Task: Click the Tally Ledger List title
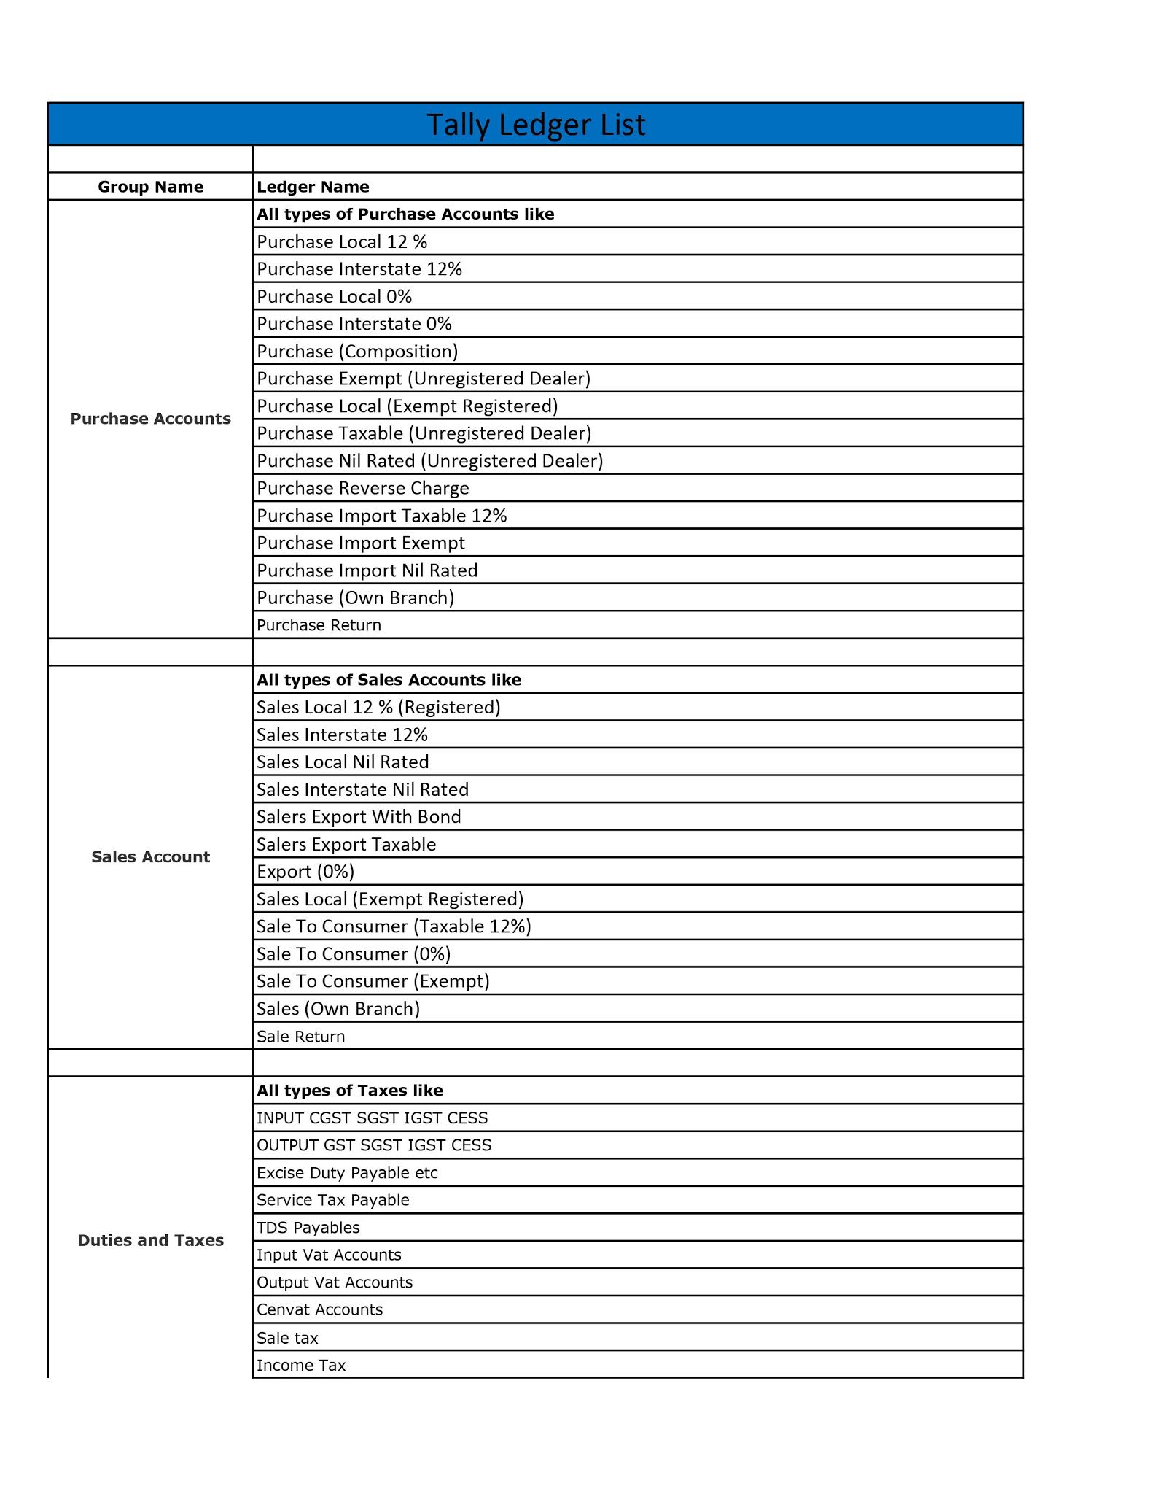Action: click(x=535, y=125)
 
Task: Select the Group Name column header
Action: click(x=150, y=187)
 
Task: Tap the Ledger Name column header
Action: click(x=313, y=187)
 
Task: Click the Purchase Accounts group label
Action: click(x=150, y=419)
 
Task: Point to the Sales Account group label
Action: click(x=150, y=856)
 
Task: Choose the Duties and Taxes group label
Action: click(x=150, y=1240)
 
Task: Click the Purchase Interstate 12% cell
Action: click(x=359, y=269)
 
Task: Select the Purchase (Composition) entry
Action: click(x=357, y=352)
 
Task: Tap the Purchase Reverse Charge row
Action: click(x=363, y=488)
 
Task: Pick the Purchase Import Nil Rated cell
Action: click(x=367, y=570)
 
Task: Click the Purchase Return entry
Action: click(x=319, y=625)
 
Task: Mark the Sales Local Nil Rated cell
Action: click(x=343, y=762)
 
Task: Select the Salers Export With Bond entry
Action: click(x=359, y=817)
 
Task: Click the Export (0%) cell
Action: click(x=305, y=872)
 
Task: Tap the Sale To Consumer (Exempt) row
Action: click(x=373, y=981)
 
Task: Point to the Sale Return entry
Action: click(x=300, y=1037)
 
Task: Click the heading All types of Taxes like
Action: click(x=350, y=1091)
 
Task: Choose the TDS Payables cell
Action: click(x=308, y=1228)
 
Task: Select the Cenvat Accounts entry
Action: click(x=319, y=1309)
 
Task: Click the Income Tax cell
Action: click(x=301, y=1365)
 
